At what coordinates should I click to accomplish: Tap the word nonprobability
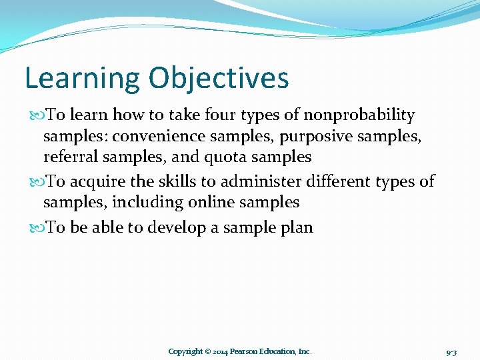(x=359, y=115)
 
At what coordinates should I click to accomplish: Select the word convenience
(x=153, y=137)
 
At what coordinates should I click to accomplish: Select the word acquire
(x=95, y=181)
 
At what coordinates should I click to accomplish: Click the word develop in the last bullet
(x=177, y=227)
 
